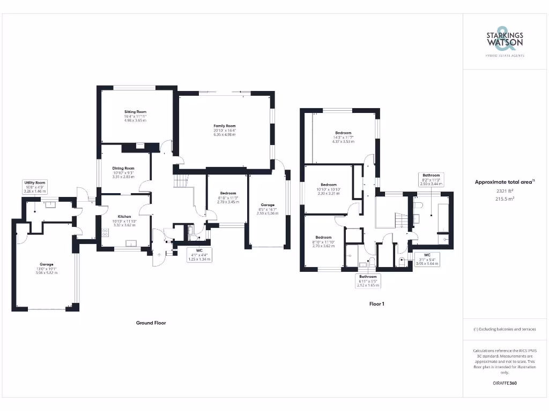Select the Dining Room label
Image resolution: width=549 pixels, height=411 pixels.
(x=123, y=172)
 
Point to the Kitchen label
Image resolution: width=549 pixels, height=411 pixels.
(x=124, y=221)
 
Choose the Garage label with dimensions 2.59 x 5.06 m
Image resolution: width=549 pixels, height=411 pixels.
(x=268, y=209)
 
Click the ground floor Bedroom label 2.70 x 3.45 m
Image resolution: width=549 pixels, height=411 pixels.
(x=227, y=197)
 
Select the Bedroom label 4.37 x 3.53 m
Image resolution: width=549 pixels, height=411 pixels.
(x=343, y=137)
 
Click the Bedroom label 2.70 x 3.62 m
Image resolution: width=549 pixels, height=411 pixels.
(x=323, y=241)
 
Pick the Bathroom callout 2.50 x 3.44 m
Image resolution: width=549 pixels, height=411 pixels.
(x=431, y=179)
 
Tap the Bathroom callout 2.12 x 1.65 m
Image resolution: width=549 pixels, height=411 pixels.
(x=368, y=281)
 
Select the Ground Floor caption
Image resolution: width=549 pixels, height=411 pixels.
(x=151, y=323)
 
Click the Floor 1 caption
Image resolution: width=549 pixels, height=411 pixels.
(x=376, y=304)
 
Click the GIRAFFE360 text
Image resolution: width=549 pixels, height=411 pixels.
(x=505, y=383)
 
